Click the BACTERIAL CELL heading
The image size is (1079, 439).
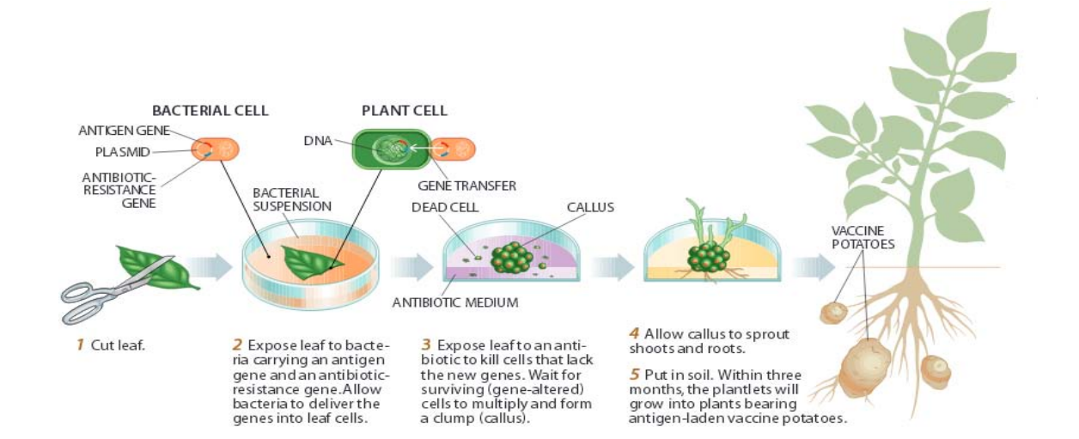[210, 111]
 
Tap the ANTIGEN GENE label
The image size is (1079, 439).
[123, 131]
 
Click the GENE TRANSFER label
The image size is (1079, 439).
[466, 186]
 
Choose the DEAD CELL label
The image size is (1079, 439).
[444, 207]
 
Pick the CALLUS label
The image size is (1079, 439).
[590, 207]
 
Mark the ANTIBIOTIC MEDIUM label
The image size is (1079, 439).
[454, 302]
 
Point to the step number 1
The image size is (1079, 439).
[80, 345]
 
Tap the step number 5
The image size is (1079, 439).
[636, 375]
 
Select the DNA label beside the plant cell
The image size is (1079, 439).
[317, 141]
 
